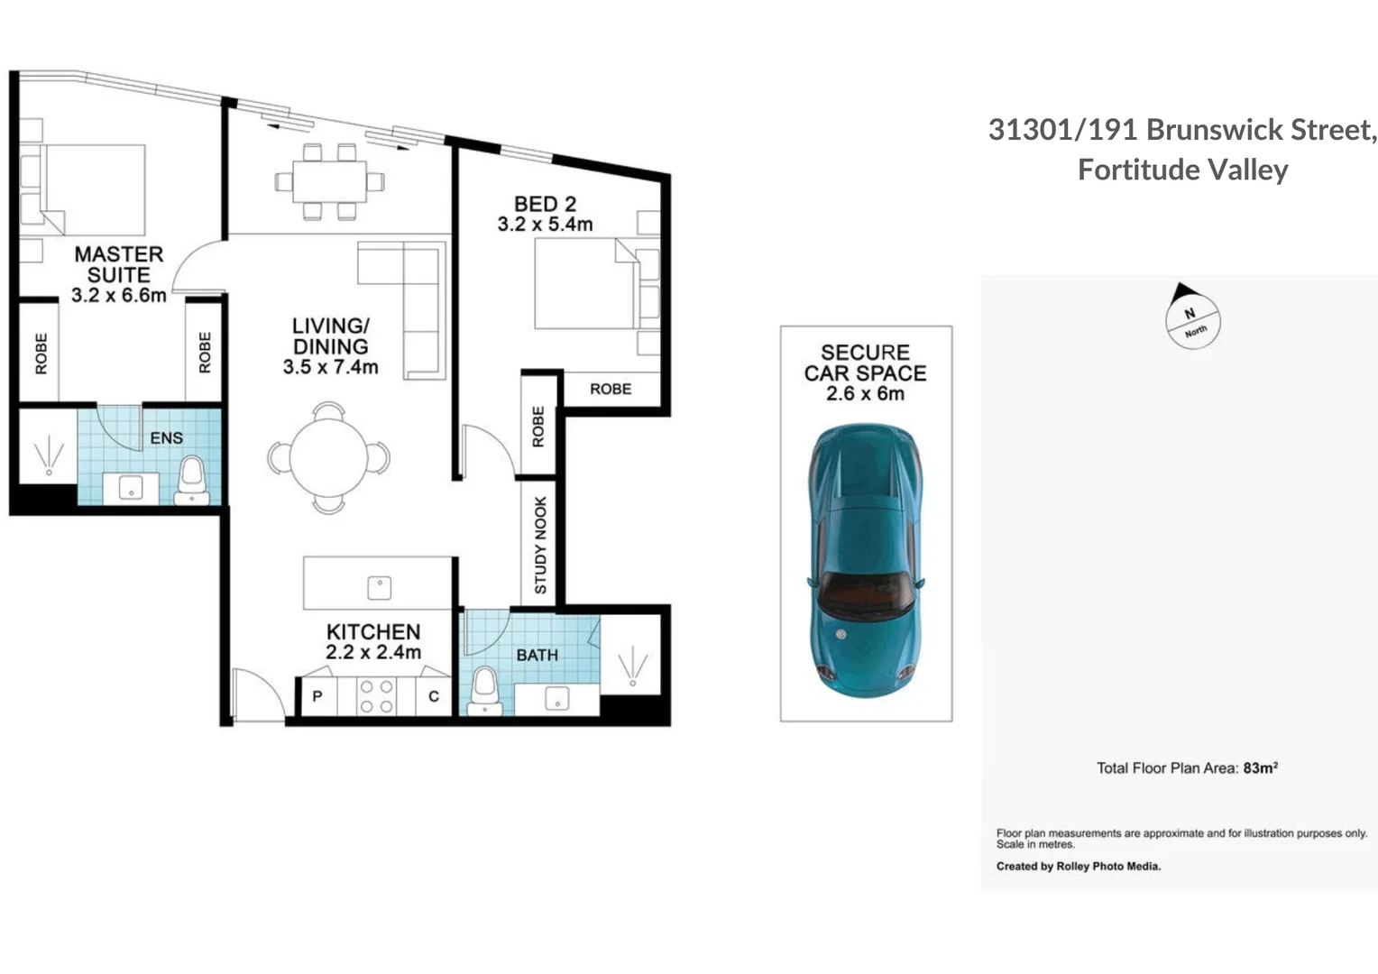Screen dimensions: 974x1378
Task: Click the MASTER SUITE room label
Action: click(119, 264)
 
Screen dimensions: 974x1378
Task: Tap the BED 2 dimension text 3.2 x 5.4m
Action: click(545, 225)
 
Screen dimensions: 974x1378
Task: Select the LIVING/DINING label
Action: click(330, 335)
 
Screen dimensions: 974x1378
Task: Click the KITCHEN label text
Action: click(373, 631)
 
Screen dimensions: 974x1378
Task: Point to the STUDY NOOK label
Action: click(540, 545)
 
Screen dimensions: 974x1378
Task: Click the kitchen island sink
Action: click(379, 588)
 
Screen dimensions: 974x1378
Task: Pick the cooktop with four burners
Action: click(375, 696)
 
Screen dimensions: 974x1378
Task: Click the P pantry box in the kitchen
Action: click(317, 696)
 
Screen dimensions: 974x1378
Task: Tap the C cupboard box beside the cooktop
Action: click(433, 696)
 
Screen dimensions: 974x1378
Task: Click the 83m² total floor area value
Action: click(1260, 767)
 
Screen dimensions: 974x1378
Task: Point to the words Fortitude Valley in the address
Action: click(1182, 170)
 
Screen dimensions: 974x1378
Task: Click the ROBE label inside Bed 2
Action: click(611, 389)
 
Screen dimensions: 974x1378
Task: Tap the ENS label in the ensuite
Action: click(166, 437)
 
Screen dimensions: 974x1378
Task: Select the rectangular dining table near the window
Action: click(329, 181)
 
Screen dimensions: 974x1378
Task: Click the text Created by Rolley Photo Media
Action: click(1078, 866)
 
